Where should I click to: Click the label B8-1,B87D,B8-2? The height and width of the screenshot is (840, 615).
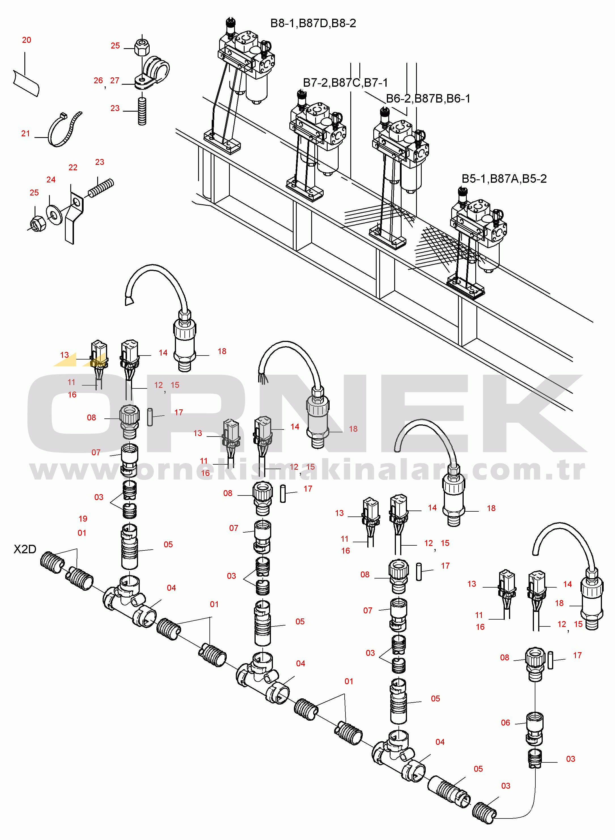(313, 24)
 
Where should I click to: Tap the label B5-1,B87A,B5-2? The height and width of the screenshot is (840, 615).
(504, 179)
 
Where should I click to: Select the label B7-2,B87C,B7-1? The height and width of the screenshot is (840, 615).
(345, 83)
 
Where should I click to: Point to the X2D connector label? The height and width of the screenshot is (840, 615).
(25, 549)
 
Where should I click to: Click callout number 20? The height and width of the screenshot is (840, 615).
(26, 40)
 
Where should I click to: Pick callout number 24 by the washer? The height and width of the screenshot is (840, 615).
(51, 180)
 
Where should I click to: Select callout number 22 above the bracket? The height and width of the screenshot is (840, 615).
(73, 168)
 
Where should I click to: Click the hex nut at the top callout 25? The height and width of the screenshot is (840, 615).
(142, 46)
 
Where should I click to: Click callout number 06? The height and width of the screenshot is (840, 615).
(505, 723)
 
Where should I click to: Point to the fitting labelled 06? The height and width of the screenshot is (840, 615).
(535, 728)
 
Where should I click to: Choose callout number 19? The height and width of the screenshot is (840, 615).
(83, 519)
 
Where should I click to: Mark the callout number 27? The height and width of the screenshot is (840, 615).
(115, 80)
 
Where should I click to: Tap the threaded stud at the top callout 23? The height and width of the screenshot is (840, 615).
(142, 111)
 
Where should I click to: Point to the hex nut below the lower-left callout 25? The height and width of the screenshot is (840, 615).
(37, 224)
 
